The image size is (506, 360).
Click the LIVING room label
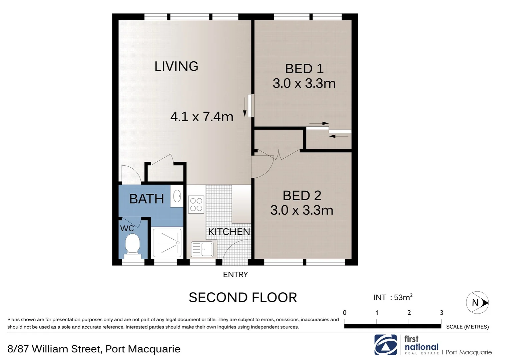(176, 66)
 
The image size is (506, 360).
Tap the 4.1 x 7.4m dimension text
(201, 117)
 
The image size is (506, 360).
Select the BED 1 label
(304, 69)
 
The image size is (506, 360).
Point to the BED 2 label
(302, 196)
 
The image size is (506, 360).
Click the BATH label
(146, 199)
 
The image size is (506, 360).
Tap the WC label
(127, 228)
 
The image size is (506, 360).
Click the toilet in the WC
(132, 245)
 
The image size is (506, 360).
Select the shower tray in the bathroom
(167, 243)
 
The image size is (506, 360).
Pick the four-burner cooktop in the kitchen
(196, 204)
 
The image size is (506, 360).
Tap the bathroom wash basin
(177, 196)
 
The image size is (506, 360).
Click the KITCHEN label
(229, 232)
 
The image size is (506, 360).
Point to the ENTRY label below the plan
(235, 275)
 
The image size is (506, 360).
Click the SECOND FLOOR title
(242, 297)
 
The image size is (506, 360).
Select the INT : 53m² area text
(393, 297)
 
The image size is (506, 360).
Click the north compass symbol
(477, 303)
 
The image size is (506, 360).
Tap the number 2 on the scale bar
(409, 313)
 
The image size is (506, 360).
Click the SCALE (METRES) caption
(467, 327)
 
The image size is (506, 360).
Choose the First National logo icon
(386, 345)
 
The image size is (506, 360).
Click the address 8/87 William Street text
(94, 349)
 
